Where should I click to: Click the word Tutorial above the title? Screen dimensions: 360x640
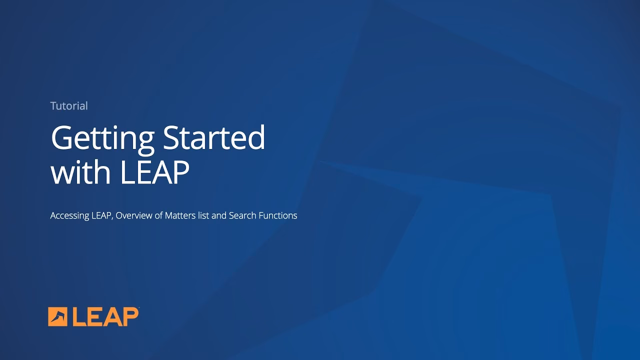point(69,106)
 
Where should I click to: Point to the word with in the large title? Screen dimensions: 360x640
point(80,172)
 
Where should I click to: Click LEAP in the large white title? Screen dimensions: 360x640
point(154,172)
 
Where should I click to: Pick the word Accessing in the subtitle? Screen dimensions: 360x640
point(69,216)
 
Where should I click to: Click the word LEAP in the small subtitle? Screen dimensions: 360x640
point(101,215)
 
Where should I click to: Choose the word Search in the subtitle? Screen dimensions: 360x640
point(242,215)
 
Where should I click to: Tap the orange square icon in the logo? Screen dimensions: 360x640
point(57,316)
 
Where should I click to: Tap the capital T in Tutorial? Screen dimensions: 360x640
point(53,106)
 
